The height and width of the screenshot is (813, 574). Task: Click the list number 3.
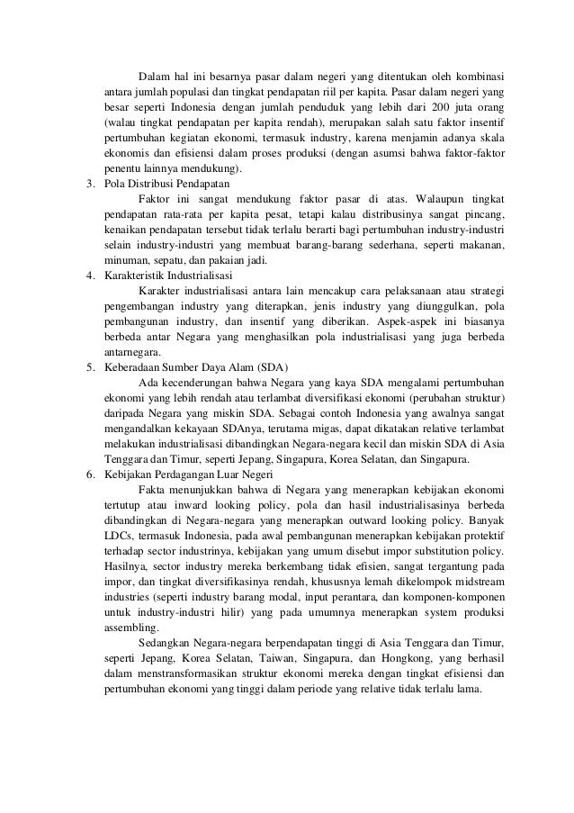(88, 185)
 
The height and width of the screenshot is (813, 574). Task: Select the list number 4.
(88, 275)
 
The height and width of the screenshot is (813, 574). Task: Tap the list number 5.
(88, 366)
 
